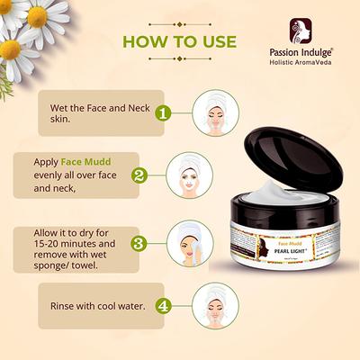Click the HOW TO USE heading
point(179,41)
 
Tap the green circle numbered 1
point(163,113)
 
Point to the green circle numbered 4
point(163,305)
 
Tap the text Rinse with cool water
point(96,305)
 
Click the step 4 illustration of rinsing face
point(215,305)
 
